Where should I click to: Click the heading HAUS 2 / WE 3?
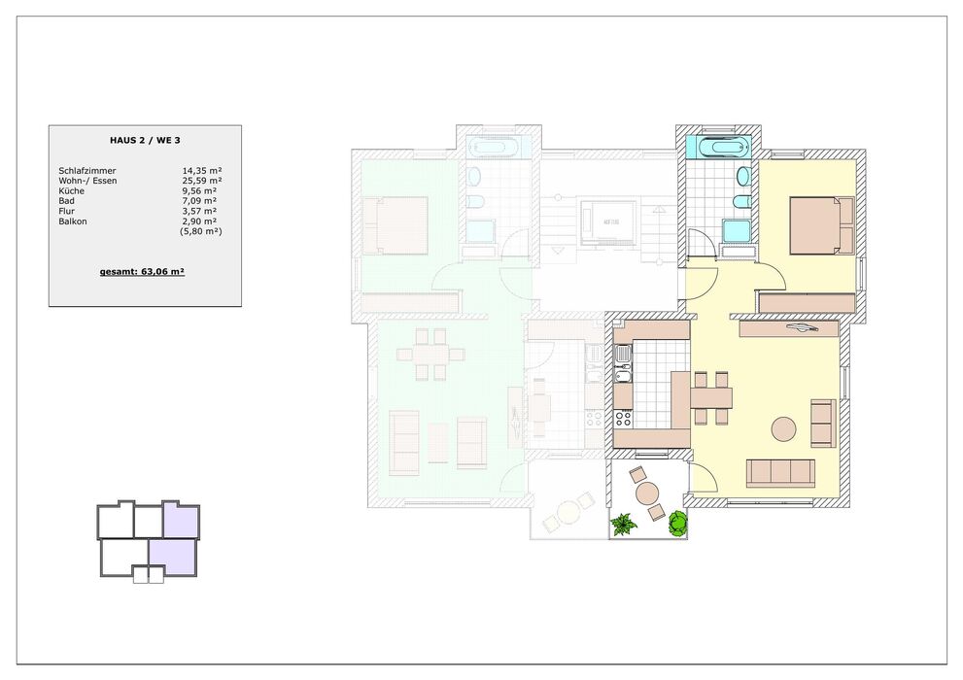(x=145, y=140)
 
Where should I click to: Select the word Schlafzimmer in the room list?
(x=87, y=171)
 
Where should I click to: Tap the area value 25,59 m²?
(x=201, y=181)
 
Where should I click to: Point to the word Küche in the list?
(x=71, y=190)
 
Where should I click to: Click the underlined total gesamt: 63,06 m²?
(x=143, y=271)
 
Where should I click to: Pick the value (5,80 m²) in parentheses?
(x=201, y=231)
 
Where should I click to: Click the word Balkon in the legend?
(x=73, y=221)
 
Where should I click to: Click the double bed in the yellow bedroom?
(x=821, y=225)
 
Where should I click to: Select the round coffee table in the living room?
(x=783, y=429)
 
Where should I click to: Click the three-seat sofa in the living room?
(x=780, y=473)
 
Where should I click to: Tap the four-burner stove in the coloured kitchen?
(x=623, y=419)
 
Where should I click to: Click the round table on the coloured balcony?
(x=647, y=493)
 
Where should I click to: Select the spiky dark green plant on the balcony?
(x=623, y=525)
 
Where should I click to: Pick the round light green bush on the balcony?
(x=676, y=524)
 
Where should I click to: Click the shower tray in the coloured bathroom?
(x=736, y=231)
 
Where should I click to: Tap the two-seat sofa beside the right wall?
(x=824, y=423)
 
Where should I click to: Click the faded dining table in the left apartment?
(x=430, y=355)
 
